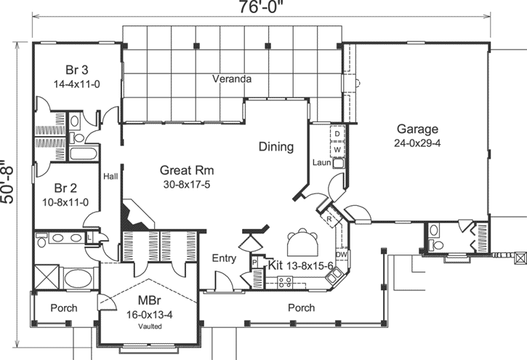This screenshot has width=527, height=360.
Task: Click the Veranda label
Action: click(232, 78)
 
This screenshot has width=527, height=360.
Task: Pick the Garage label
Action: click(417, 129)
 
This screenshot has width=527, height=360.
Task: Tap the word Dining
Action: click(276, 147)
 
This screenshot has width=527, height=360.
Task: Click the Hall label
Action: click(110, 176)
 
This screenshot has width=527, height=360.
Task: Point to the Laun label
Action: click(322, 162)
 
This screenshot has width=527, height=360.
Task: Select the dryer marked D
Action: click(338, 135)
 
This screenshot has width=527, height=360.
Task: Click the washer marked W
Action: click(338, 149)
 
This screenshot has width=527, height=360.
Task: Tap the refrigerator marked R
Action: click(329, 218)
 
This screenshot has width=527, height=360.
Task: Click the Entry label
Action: click(224, 258)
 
